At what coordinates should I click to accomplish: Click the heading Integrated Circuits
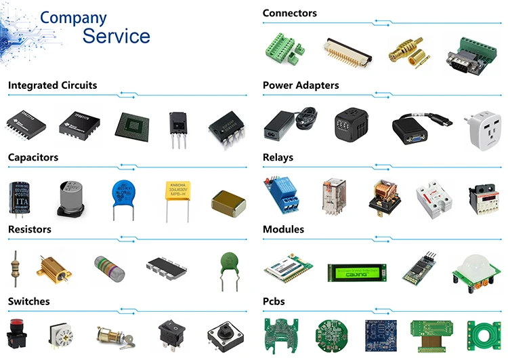52,85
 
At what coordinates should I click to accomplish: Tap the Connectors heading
289,13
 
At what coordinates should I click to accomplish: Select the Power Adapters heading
301,85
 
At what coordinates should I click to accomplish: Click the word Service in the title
116,35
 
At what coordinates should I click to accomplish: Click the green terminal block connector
282,49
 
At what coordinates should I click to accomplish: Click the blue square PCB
379,334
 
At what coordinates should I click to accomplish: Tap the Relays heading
278,157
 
